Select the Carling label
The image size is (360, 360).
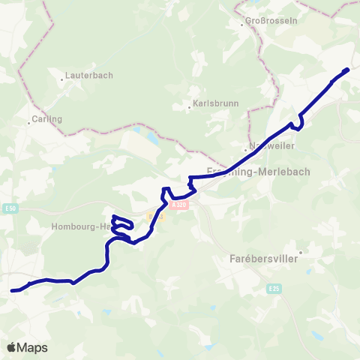[x=46, y=118]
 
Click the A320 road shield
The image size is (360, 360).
[x=178, y=203]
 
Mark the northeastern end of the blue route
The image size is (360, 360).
[x=348, y=70]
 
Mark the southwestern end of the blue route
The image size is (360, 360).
[x=12, y=289]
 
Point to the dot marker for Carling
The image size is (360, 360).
[x=30, y=122]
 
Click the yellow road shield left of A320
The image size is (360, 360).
[x=155, y=216]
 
